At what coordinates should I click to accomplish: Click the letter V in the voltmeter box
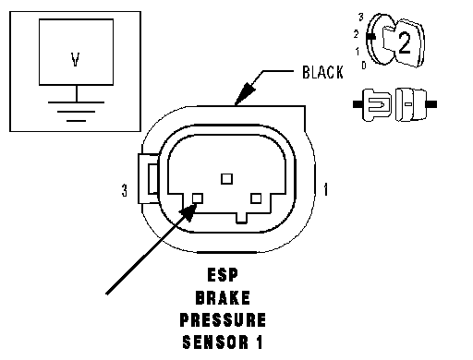point(76,59)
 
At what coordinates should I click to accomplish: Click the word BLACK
point(322,73)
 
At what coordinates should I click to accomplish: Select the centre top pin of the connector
point(227,179)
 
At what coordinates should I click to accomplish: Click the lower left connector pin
point(198,198)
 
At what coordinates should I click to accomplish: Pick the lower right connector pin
point(256,198)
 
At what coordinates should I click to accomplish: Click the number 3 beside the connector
point(124,190)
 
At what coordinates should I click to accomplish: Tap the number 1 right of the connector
point(326,189)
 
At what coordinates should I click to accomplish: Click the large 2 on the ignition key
point(405,42)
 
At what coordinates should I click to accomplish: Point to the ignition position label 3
point(361,18)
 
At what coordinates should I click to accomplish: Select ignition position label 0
point(364,66)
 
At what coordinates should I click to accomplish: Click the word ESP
point(223,275)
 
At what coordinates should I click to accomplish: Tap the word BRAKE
point(223,297)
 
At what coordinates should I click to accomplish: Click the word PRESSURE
point(223,319)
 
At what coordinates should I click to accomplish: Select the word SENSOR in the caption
point(215,342)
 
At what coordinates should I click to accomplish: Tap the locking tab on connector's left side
point(149,178)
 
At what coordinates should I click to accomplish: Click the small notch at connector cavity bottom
point(241,218)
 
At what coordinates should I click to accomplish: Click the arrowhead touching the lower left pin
point(188,211)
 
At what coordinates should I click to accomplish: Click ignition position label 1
point(358,52)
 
